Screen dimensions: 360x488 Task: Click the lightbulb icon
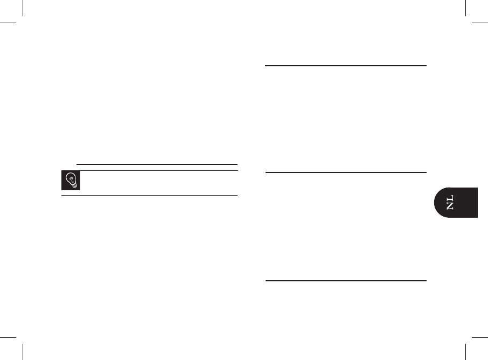click(x=71, y=181)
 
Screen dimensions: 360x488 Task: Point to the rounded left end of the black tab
click(x=436, y=203)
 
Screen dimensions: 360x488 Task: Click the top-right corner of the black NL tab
click(x=477, y=188)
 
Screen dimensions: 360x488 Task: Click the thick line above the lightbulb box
click(x=157, y=163)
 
